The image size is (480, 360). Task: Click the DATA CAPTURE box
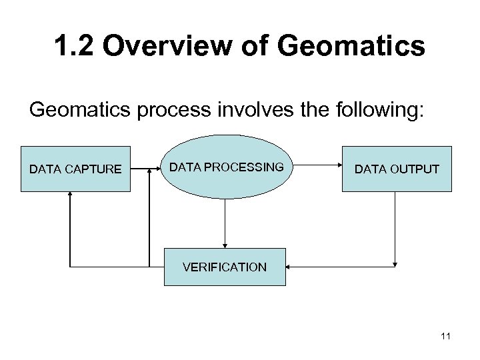(x=75, y=169)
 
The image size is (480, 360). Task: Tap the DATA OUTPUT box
(x=396, y=169)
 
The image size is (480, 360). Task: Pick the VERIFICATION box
(x=225, y=267)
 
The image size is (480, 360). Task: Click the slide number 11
(x=446, y=337)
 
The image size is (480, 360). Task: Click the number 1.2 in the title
(x=74, y=47)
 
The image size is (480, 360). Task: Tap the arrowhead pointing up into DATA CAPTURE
(x=70, y=195)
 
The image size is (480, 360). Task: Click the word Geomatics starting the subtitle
(x=71, y=109)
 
